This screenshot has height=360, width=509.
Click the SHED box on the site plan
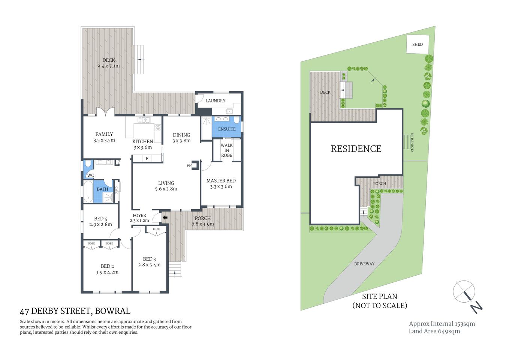click(x=417, y=44)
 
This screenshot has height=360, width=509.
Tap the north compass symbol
click(x=465, y=292)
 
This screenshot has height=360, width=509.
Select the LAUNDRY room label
click(x=215, y=101)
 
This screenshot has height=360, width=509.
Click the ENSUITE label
click(x=227, y=129)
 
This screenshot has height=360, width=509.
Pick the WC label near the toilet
click(x=90, y=175)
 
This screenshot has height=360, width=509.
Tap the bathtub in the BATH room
click(x=88, y=192)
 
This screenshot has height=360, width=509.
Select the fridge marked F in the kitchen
click(x=147, y=159)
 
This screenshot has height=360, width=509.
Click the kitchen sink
click(x=144, y=120)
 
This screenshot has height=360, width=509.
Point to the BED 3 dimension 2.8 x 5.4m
click(x=149, y=265)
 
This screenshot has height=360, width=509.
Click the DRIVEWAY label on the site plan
click(x=364, y=264)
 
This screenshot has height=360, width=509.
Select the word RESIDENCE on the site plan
click(x=356, y=149)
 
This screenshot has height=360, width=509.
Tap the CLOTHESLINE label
click(x=412, y=142)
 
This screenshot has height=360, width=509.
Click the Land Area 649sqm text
click(x=434, y=331)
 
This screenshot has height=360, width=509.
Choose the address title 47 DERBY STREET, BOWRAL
click(x=75, y=311)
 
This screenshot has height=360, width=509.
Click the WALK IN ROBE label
click(x=226, y=150)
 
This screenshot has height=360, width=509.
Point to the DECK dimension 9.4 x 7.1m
click(x=108, y=66)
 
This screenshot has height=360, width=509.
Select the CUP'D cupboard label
click(x=116, y=190)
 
